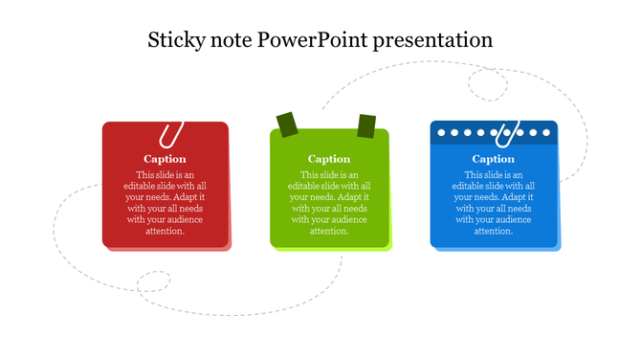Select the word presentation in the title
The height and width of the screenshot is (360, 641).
click(433, 40)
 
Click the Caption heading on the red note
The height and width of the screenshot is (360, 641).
click(166, 159)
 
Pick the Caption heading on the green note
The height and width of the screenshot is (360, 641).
click(329, 159)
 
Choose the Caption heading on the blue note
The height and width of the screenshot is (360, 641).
click(494, 159)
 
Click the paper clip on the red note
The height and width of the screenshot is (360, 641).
click(172, 134)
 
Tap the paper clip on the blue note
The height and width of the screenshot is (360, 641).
click(506, 132)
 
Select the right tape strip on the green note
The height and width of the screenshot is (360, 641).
click(366, 125)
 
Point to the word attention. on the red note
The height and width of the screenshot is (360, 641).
click(166, 231)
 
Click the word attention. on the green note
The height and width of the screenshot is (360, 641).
click(329, 231)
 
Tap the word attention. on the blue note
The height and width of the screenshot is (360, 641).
click(494, 231)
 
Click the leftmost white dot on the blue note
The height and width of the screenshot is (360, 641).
click(441, 132)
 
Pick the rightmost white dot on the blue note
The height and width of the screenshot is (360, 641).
click(546, 132)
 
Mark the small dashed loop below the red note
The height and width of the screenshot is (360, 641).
click(153, 282)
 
